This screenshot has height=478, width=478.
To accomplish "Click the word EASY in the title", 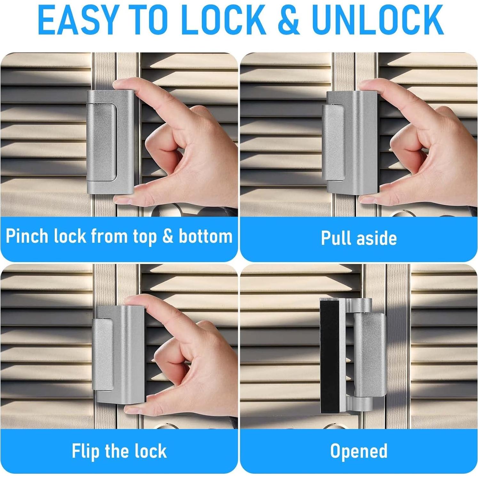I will tap(77, 20).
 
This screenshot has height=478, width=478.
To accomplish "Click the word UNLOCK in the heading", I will tap(378, 20).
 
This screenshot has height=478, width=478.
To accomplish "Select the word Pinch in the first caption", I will tap(27, 236).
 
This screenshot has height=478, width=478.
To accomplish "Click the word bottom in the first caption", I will tap(205, 236).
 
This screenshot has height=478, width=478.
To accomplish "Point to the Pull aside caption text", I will tap(359, 238).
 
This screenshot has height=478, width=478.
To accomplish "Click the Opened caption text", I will tap(359, 451).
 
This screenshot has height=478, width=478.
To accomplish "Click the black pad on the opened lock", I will tap(330, 355).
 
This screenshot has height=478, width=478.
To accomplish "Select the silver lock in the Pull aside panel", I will tap(350, 142).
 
